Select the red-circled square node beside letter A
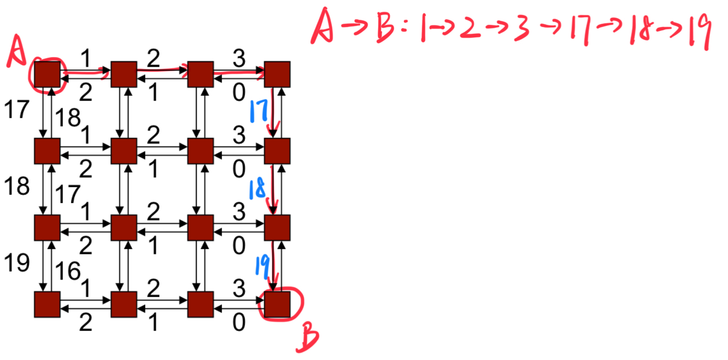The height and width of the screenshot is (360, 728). coord(47,74)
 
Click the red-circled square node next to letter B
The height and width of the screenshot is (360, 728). coord(277,304)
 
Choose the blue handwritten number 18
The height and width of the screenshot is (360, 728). coord(258,189)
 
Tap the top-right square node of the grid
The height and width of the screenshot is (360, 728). coord(277,74)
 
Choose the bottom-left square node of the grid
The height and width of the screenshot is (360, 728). coord(47,304)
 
